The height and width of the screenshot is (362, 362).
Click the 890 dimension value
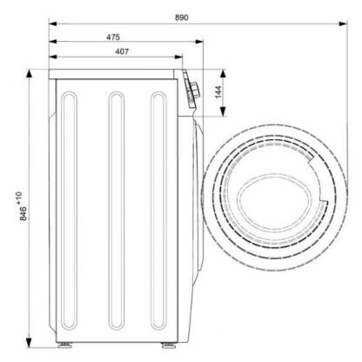tap(182, 17)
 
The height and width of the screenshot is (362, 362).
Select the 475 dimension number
tap(113, 37)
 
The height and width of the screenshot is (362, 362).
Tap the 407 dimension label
tap(122, 51)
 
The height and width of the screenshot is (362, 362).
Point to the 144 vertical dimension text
tap(218, 92)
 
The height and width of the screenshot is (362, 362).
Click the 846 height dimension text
tap(23, 213)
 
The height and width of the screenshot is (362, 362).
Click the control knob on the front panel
tap(194, 90)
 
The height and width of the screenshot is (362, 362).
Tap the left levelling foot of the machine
tap(64, 345)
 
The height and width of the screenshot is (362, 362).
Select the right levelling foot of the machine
tap(168, 345)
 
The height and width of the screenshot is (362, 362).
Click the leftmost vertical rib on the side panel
tap(70, 211)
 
